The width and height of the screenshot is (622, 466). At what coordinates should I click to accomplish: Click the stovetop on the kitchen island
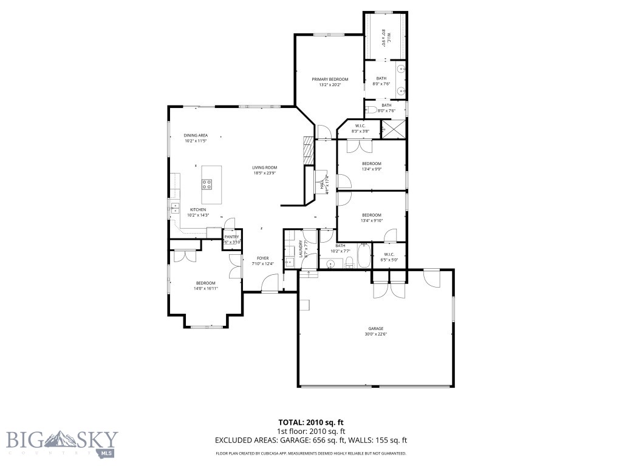207,183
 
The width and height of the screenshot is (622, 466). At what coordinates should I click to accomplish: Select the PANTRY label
231,237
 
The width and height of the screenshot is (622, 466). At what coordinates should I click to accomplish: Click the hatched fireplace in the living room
309,149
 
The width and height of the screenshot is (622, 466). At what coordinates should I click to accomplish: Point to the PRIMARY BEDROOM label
330,79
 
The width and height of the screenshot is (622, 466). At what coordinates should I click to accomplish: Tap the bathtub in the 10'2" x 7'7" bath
364,256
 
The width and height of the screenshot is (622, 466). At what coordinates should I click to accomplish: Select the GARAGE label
375,328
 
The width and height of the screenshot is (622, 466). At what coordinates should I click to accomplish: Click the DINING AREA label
196,135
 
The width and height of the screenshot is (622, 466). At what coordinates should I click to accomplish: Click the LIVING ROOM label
265,167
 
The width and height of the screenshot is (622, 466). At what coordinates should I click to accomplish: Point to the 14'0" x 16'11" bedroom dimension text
206,289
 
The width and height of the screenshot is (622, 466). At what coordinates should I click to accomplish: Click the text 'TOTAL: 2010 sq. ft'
310,422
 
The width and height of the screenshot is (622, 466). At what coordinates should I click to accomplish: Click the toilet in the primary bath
371,110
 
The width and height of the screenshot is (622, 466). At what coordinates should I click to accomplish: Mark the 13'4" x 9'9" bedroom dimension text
371,169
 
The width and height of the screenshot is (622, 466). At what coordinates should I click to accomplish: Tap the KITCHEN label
198,210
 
